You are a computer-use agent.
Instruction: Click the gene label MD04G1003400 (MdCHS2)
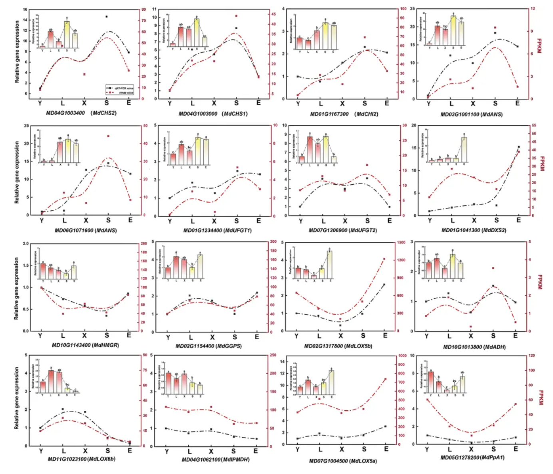pos(81,113)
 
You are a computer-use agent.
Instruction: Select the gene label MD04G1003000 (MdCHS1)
pos(213,114)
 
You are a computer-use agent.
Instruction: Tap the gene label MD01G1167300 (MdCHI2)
pos(344,114)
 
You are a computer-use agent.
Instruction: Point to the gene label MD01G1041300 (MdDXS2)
pos(473,230)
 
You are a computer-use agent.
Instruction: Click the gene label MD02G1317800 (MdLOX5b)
pos(338,346)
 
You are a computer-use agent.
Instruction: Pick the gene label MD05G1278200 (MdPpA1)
pos(472,457)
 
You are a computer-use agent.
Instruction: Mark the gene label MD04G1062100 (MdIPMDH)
pos(216,460)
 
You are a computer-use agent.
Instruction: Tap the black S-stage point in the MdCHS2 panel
pos(107,17)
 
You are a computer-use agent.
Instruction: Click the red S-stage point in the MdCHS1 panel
pos(236,16)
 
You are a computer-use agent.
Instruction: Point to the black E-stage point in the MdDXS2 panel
pos(519,147)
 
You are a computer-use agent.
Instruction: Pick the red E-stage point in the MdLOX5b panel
pos(384,259)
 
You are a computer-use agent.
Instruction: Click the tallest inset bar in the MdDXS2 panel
pos(464,149)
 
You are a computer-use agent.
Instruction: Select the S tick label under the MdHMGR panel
pos(107,335)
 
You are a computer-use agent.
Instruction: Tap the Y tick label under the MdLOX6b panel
pos(41,451)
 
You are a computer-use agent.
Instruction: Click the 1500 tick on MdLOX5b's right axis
pos(401,242)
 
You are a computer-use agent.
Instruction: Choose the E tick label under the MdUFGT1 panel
pos(259,221)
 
